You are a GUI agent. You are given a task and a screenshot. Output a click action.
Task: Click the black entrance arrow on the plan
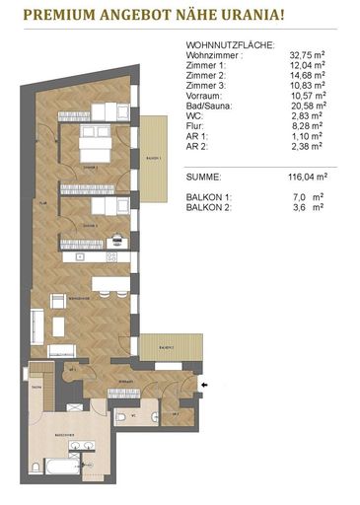204,384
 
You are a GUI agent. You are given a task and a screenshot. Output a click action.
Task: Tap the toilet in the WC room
120,417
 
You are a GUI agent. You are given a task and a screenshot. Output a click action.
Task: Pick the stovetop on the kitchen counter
111,256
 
